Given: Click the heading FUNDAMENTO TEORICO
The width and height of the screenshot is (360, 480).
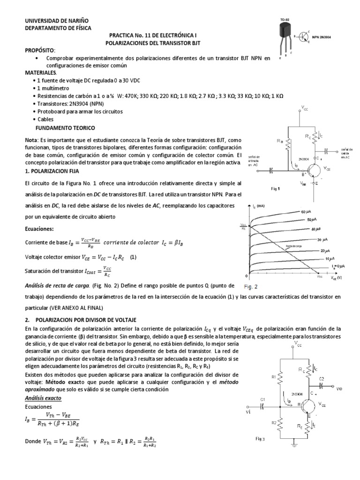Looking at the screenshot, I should [x=65, y=127].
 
